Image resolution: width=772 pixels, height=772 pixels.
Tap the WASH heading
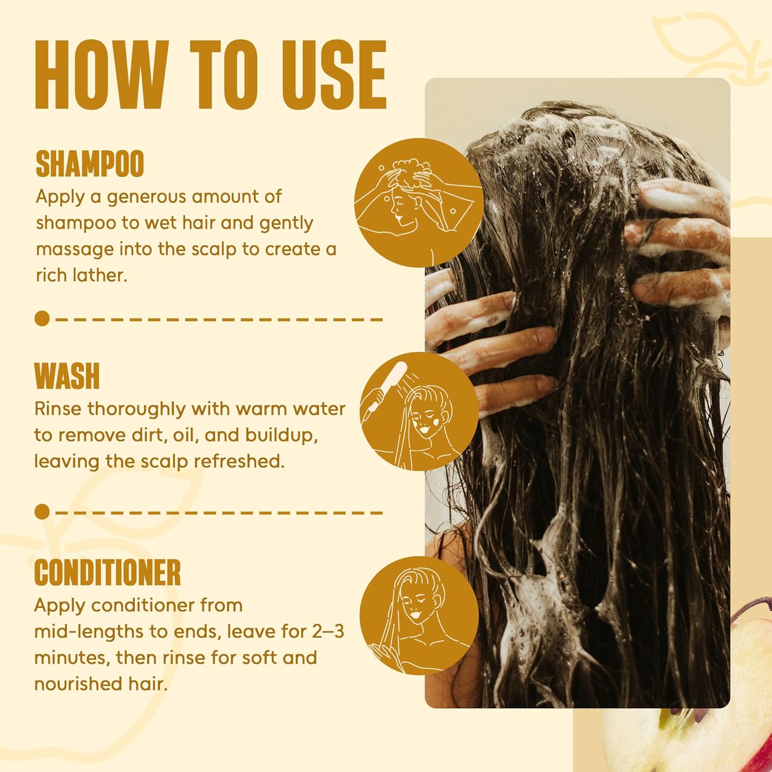pyautogui.click(x=67, y=376)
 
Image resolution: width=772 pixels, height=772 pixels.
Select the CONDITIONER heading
pyautogui.click(x=108, y=572)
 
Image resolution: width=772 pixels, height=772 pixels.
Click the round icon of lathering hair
pyautogui.click(x=418, y=203)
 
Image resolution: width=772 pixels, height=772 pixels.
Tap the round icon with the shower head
pyautogui.click(x=419, y=412)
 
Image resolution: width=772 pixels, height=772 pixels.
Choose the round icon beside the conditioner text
pyautogui.click(x=419, y=616)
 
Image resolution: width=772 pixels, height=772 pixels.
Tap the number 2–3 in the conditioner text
pyautogui.click(x=328, y=631)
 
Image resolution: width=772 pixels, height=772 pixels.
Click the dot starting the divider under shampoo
pyautogui.click(x=42, y=319)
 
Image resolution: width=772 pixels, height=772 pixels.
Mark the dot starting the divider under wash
pyautogui.click(x=42, y=512)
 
